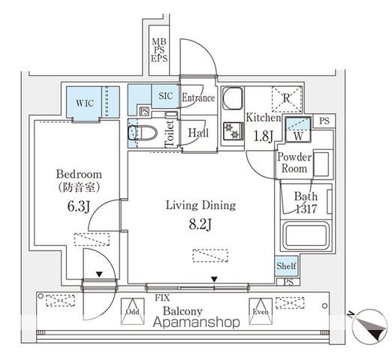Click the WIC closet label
tap(85, 103)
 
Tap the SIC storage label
tap(166, 96)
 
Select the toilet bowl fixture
tap(142, 133)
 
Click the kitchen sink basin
tap(233, 98)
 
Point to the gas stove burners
tap(233, 131)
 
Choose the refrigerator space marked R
tap(287, 99)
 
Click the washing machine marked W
tap(298, 129)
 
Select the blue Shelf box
tap(286, 265)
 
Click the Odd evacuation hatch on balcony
tap(133, 311)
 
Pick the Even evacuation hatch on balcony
tap(261, 311)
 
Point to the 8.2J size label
tap(201, 224)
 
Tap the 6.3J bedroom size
tap(78, 206)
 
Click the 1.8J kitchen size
tap(263, 136)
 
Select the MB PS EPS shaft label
tap(159, 50)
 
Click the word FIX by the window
tap(162, 298)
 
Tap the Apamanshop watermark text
tap(197, 322)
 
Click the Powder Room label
tap(294, 163)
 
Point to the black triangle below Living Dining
tap(214, 279)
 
